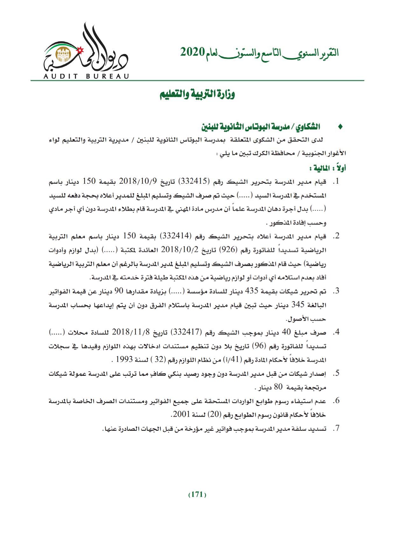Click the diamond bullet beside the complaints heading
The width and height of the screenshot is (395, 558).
(340, 127)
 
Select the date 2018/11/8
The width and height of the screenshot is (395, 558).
(131, 333)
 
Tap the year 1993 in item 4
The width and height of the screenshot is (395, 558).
(123, 360)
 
